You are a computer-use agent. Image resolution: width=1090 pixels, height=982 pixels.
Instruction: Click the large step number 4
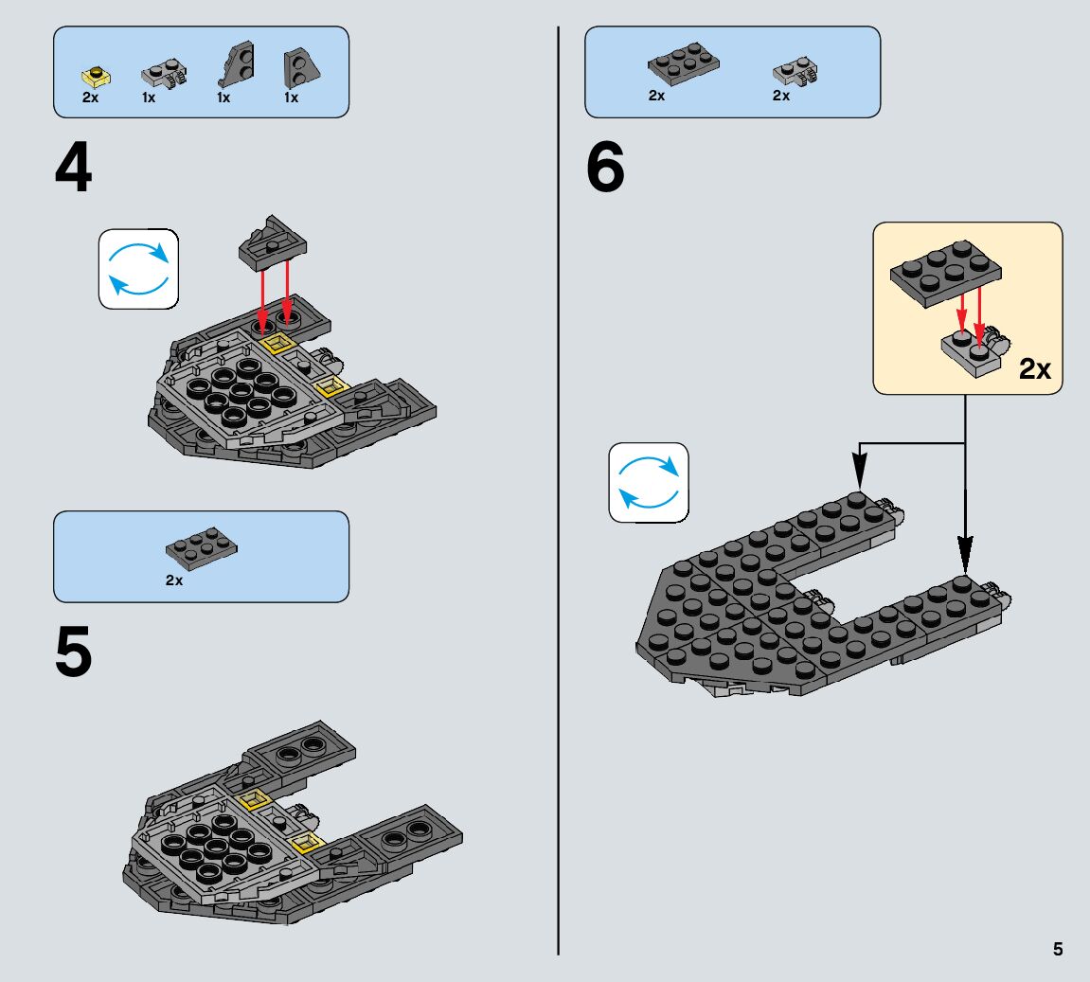coord(73,168)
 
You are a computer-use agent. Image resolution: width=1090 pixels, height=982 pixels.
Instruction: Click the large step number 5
coord(73,652)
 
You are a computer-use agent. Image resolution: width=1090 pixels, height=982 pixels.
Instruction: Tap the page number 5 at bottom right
coord(1057,949)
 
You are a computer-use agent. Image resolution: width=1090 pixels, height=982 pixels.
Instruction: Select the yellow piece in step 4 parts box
coord(96,76)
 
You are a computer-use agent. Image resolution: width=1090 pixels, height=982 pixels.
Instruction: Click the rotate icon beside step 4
coord(138,269)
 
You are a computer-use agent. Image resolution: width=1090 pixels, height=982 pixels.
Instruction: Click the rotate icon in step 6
coord(649,482)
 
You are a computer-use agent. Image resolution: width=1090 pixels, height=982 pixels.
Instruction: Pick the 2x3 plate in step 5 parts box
coord(202,547)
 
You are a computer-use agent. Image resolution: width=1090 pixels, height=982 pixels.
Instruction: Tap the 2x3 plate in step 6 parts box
coord(684,64)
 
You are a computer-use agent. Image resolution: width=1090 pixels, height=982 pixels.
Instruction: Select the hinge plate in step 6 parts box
coord(795,72)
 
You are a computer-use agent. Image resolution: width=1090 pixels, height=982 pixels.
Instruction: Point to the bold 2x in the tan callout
coord(1034,369)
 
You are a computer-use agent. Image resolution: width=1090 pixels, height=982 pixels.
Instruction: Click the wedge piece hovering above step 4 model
coord(272,243)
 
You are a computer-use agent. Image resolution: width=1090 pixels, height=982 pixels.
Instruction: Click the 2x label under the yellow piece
coord(90,98)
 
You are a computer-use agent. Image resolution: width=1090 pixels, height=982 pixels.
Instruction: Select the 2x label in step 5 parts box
coord(174,580)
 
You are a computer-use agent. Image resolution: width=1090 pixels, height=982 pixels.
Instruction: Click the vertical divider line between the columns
coord(558,491)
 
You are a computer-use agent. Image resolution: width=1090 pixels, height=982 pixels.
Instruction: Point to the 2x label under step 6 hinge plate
coord(780,96)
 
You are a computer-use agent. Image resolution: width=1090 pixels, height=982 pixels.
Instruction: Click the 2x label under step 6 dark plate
coord(656,96)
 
